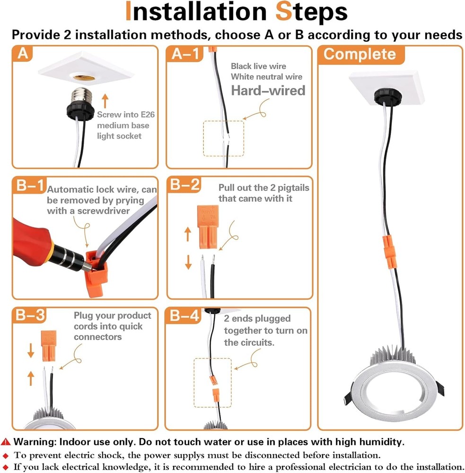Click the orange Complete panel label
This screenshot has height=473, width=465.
pos(360,54)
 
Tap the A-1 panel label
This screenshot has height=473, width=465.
pos(184,54)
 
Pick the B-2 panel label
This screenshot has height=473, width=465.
pos(184,184)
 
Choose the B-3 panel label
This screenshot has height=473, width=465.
pos(30,315)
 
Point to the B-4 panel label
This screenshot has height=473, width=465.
pos(184,315)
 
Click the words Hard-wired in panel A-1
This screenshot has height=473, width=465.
pos(268,90)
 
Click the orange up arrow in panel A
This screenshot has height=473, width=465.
pos(105,101)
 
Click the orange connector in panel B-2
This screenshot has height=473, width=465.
pos(208,227)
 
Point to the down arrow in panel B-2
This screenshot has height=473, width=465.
pos(188,262)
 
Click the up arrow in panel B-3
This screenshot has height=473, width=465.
pos(31,378)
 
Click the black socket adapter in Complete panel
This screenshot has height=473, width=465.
pos(388,96)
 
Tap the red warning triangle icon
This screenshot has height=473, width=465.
pos(6,442)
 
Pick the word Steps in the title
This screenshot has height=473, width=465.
pos(311,12)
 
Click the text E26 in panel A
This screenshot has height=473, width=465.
pos(148,114)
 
